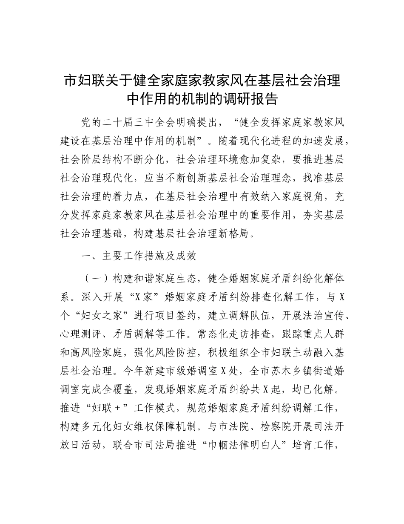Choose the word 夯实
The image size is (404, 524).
[297, 215]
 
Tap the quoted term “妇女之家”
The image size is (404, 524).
[103, 315]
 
